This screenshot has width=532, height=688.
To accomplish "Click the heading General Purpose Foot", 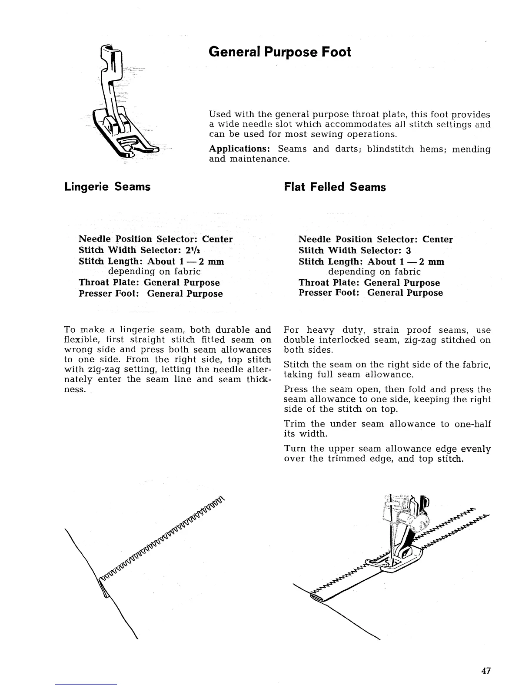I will (279, 52).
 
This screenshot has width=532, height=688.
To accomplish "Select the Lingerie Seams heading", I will (107, 187).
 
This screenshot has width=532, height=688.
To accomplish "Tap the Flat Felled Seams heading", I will (335, 187).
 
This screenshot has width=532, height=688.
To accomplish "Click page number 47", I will (486, 670).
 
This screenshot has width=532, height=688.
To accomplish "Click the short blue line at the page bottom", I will (86, 684).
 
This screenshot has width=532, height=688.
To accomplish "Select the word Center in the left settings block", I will (217, 239).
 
